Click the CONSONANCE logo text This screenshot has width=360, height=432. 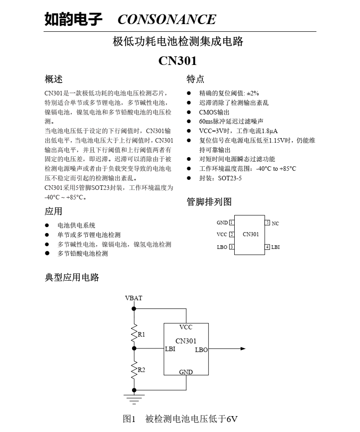click(x=167, y=20)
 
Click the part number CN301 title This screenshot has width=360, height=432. click(x=178, y=61)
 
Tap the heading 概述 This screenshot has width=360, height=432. click(x=54, y=79)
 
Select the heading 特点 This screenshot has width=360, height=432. click(x=195, y=79)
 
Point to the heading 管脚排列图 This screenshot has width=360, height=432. click(x=209, y=202)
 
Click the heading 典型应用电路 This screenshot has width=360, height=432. click(x=72, y=277)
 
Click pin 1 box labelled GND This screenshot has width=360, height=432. click(x=232, y=222)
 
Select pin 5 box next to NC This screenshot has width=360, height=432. click(x=267, y=222)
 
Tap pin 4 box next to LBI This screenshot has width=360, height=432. click(x=267, y=247)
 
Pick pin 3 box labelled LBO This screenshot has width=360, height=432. click(x=232, y=247)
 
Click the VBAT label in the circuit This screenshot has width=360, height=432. click(x=133, y=298)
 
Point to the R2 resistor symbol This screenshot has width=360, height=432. click(x=134, y=370)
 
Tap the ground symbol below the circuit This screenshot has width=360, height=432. click(x=134, y=399)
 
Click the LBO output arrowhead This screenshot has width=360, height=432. click(x=243, y=348)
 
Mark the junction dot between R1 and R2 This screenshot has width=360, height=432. click(x=134, y=348)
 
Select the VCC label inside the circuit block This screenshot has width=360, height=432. click(x=186, y=328)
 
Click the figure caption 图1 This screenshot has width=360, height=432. click(x=129, y=419)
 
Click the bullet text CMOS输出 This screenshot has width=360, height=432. click(x=214, y=112)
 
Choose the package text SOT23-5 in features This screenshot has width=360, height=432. click(x=230, y=178)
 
